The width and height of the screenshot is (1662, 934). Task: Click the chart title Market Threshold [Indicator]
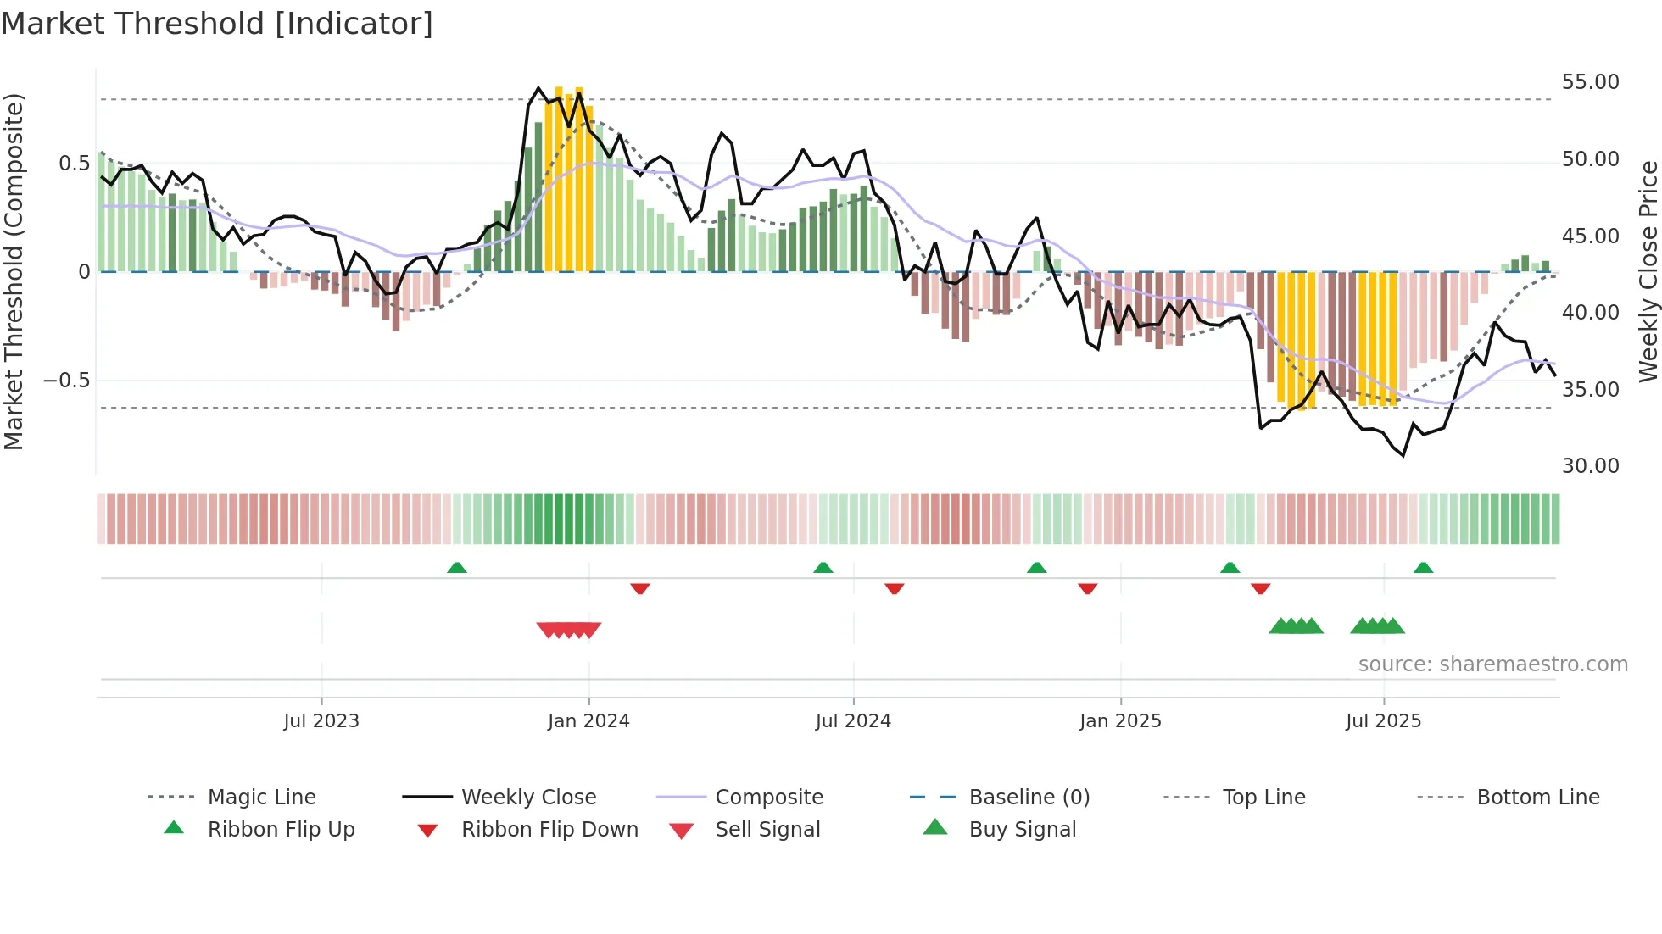pos(217,24)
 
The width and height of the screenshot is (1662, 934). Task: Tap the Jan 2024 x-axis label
pos(588,720)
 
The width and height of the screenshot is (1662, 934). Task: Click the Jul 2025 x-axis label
pos(1383,720)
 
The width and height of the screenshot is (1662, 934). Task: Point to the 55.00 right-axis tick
pos(1590,82)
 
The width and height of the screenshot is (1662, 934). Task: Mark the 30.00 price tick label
pos(1590,465)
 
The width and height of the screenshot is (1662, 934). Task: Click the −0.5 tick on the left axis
pos(67,380)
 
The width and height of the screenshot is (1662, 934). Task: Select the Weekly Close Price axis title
pos(1648,271)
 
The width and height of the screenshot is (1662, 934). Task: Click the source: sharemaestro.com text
pos(1492,664)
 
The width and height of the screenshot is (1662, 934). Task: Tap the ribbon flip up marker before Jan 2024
pos(457,567)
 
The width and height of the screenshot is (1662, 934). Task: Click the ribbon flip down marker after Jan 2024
pos(640,588)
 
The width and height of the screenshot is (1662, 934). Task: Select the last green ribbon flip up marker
pos(1423,567)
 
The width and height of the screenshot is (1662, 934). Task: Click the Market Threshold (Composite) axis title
pos(14,271)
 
